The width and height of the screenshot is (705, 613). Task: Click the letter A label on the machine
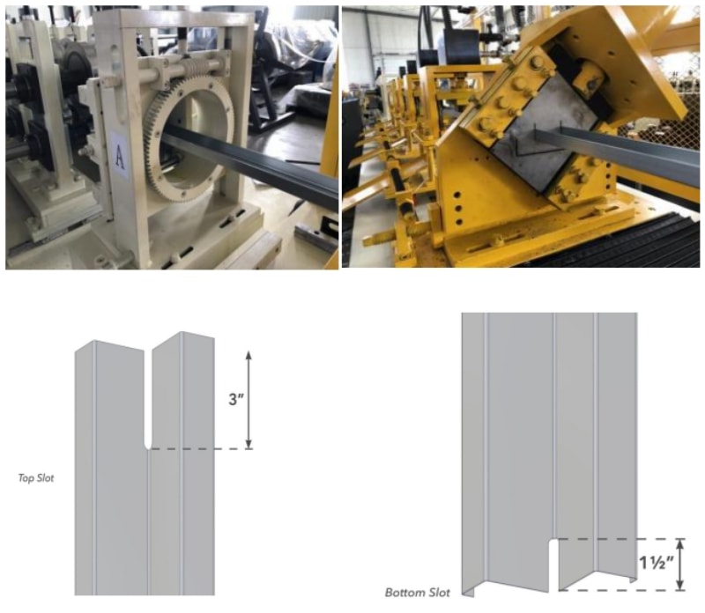click(x=119, y=156)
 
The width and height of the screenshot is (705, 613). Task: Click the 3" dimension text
click(x=236, y=399)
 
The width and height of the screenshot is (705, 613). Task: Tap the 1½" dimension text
click(x=657, y=562)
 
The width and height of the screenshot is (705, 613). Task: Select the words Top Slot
click(x=36, y=477)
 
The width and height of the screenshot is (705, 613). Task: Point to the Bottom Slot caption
click(x=417, y=593)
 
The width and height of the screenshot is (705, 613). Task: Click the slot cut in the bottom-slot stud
click(x=553, y=565)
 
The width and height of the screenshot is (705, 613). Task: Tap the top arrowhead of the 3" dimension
click(x=249, y=356)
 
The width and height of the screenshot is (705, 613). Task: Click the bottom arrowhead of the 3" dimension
click(x=249, y=444)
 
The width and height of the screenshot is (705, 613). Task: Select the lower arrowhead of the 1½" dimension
click(x=680, y=584)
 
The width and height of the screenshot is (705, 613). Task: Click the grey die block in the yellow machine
click(x=540, y=138)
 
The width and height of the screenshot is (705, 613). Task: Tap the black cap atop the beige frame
click(x=182, y=33)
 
